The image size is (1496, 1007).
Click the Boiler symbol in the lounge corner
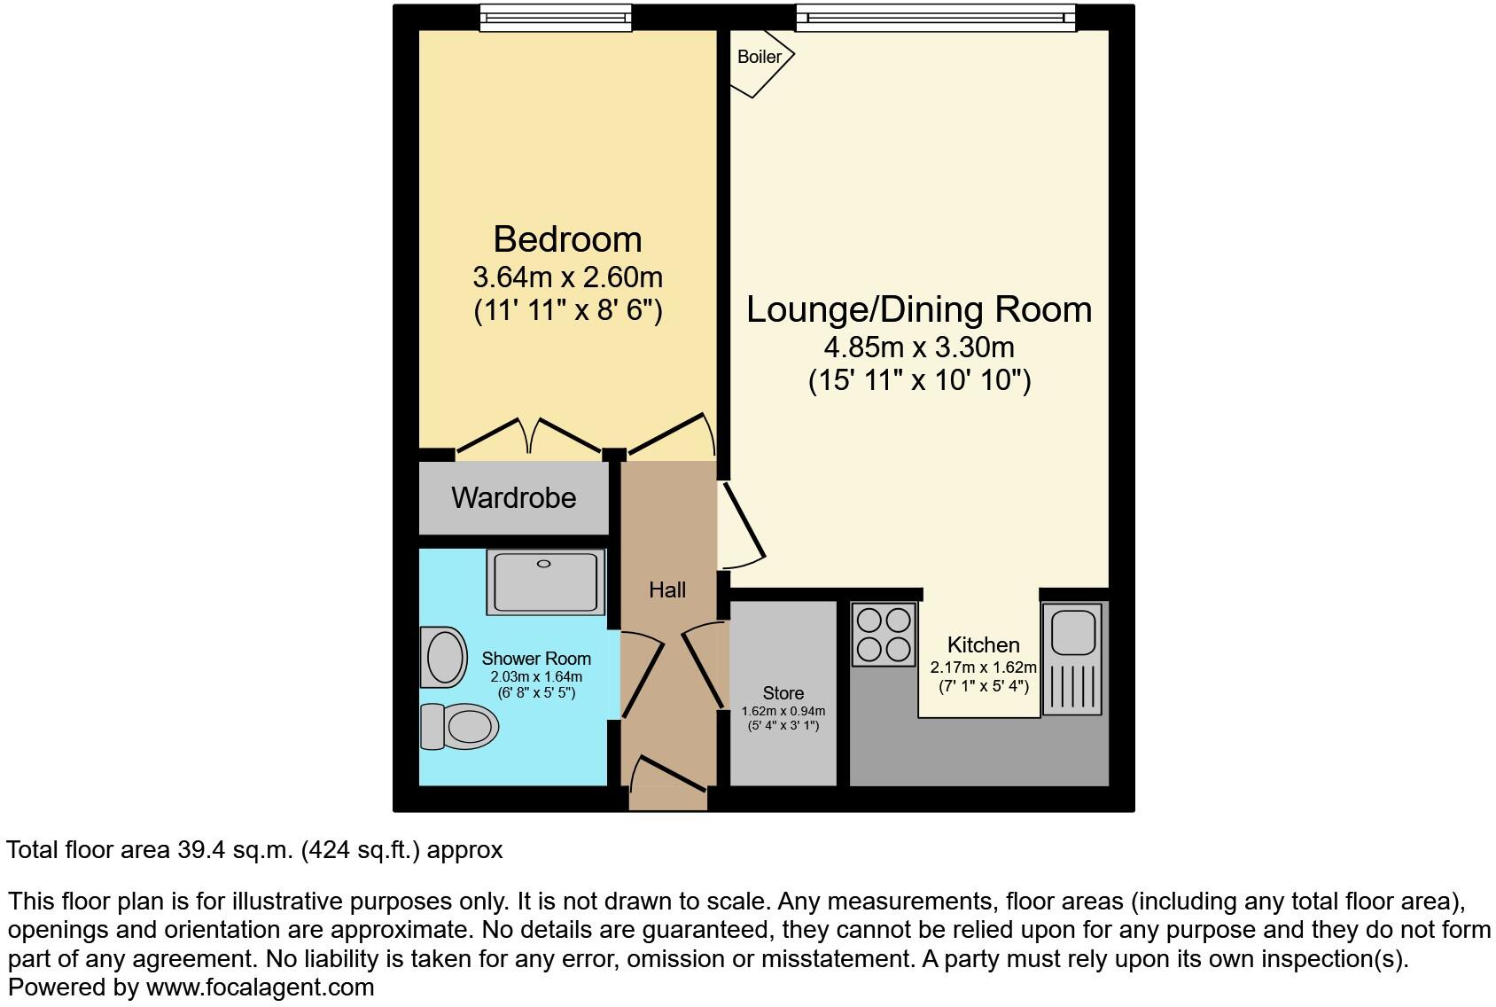point(759,59)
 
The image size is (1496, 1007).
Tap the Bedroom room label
point(567,239)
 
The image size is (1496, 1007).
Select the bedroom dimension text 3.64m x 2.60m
point(567,277)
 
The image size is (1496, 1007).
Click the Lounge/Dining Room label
point(919,309)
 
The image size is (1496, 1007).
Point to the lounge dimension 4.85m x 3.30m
point(919,347)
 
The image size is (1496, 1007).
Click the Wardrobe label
point(513,498)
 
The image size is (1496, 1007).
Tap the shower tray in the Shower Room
point(545,582)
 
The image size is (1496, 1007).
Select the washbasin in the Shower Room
point(444,658)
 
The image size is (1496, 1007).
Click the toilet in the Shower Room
point(460,727)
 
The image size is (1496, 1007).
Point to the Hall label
point(666,590)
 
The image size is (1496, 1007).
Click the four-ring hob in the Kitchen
point(884,634)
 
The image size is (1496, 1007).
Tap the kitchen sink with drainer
point(1072,658)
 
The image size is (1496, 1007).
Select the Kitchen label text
point(983,645)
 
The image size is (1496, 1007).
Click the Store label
point(783,693)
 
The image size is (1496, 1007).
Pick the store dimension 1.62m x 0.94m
point(783,711)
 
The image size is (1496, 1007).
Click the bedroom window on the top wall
point(556,18)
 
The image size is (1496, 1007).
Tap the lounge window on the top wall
point(935,18)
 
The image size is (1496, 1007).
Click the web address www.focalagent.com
point(260,987)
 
